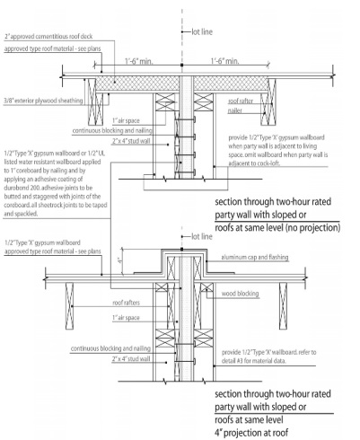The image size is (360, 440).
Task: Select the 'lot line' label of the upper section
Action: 204,31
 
